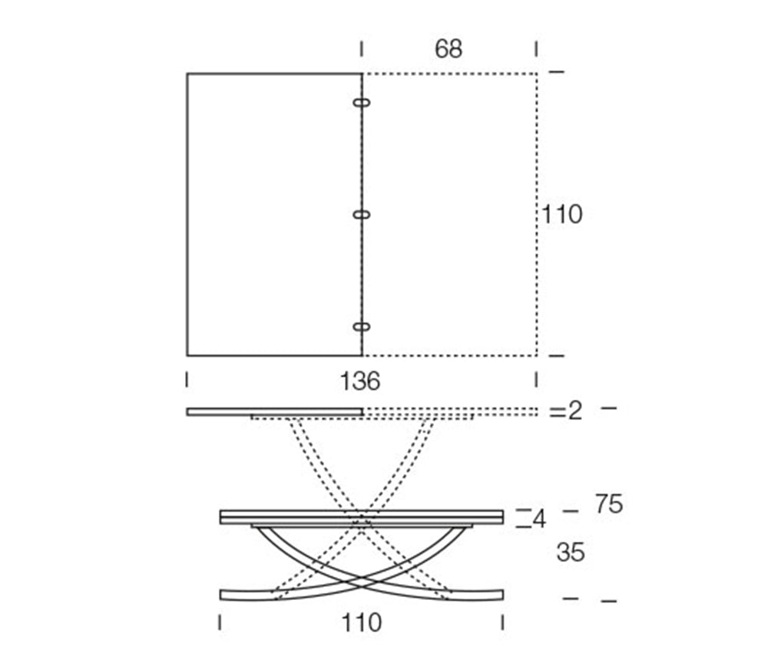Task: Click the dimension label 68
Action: click(449, 49)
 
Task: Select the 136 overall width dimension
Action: click(360, 381)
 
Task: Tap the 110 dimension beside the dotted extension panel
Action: click(562, 215)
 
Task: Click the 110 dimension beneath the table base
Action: click(360, 622)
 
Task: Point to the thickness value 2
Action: click(575, 411)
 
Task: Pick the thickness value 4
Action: click(539, 520)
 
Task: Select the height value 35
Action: click(571, 552)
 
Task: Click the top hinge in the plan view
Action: click(362, 102)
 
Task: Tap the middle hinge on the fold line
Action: click(362, 215)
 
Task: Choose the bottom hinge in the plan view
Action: click(362, 328)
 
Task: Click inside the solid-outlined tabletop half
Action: click(274, 215)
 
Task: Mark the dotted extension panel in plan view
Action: click(449, 215)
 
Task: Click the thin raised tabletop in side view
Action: click(275, 412)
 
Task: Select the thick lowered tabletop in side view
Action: click(361, 516)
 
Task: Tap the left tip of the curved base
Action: click(223, 595)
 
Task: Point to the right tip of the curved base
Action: click(500, 595)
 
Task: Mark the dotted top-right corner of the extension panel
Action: click(536, 74)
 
